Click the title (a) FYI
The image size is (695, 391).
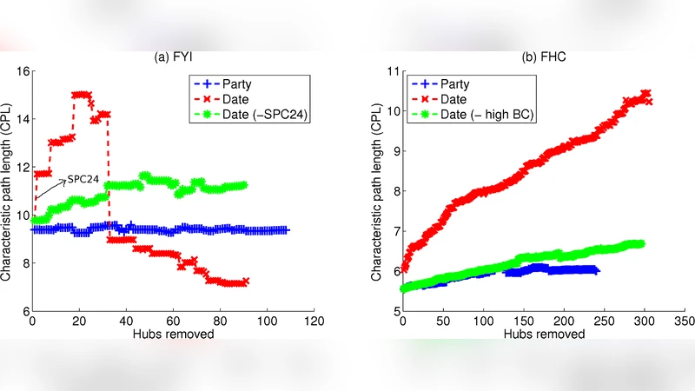172,58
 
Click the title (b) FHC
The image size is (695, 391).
544,58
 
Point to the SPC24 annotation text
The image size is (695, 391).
84,179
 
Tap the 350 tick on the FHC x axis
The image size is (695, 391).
685,321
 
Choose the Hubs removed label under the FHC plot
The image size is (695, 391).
544,334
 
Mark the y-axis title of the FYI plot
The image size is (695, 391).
8,190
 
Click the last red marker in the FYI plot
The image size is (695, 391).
246,282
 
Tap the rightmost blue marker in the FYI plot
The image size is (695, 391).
285,230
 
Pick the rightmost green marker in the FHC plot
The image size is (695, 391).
641,244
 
